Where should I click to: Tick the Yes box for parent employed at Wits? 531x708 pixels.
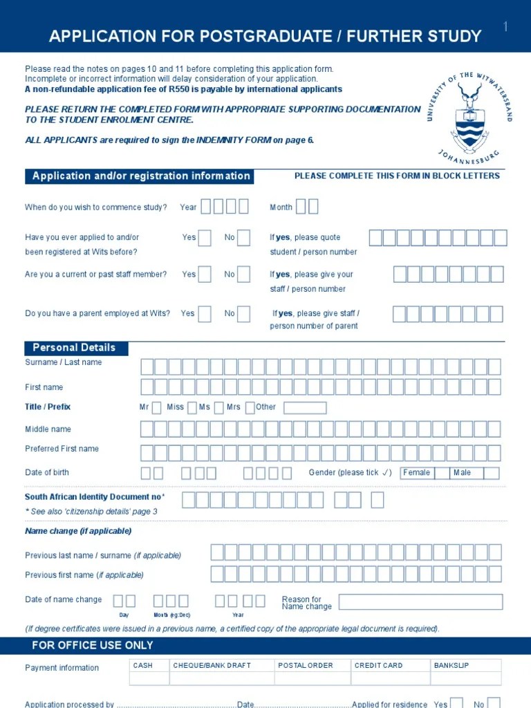click(x=205, y=314)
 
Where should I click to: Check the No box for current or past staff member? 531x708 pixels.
click(x=243, y=274)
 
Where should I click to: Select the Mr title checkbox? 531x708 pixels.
click(x=156, y=407)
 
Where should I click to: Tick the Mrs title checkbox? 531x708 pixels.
click(x=250, y=407)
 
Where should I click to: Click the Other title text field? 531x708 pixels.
click(x=305, y=408)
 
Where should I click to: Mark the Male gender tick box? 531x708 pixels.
click(x=491, y=473)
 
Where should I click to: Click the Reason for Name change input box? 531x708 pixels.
click(x=420, y=602)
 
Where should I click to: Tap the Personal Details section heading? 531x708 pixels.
click(x=75, y=348)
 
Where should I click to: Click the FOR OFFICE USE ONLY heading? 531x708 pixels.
click(x=93, y=645)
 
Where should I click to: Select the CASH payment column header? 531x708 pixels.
click(x=143, y=665)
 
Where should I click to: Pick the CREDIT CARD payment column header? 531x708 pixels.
click(x=378, y=665)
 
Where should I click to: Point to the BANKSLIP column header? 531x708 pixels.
click(x=451, y=665)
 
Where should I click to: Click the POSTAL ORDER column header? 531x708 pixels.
click(x=305, y=665)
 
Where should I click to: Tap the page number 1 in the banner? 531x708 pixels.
click(x=505, y=27)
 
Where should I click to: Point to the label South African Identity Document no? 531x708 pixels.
click(x=93, y=497)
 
